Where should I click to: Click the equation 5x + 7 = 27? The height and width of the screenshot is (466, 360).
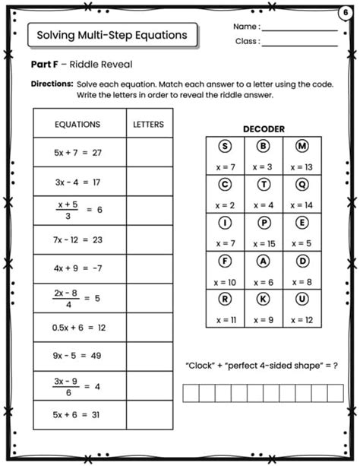click(x=77, y=153)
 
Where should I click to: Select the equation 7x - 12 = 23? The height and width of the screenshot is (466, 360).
click(x=77, y=239)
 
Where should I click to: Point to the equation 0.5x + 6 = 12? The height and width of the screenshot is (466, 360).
click(x=77, y=328)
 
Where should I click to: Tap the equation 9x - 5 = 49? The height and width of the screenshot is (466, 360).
click(x=77, y=356)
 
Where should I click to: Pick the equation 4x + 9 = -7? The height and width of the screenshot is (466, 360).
click(x=77, y=268)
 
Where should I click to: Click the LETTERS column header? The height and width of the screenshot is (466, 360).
click(x=148, y=124)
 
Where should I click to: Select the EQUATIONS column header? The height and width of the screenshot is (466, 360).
click(x=77, y=124)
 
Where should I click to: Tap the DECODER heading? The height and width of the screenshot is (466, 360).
click(x=264, y=129)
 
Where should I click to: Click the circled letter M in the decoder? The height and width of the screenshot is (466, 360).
click(x=302, y=147)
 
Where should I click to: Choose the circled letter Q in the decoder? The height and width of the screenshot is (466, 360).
click(x=302, y=184)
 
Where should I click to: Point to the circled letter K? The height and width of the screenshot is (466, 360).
click(x=264, y=299)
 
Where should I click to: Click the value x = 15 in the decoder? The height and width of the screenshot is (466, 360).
click(x=264, y=243)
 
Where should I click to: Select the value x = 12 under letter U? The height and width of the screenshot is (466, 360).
click(x=302, y=319)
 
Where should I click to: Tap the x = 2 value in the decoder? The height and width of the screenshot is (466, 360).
click(x=225, y=205)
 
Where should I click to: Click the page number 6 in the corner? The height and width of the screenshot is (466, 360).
click(x=347, y=11)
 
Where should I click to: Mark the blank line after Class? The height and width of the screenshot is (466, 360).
click(x=300, y=44)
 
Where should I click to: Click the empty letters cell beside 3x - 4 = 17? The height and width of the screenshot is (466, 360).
click(x=148, y=182)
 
